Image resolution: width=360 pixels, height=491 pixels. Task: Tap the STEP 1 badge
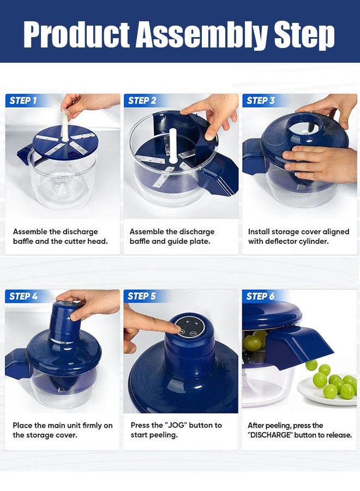tap(23, 100)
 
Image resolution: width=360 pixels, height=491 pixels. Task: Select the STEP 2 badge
tap(142, 100)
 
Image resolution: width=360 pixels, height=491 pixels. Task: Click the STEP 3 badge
tap(261, 100)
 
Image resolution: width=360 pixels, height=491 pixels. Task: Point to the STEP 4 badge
tap(23, 296)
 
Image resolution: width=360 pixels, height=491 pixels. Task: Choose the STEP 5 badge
tap(142, 296)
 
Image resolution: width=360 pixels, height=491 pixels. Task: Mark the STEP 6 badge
tap(261, 296)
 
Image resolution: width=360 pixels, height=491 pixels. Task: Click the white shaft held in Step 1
tap(65, 125)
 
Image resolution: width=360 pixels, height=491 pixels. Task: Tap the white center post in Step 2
tap(172, 146)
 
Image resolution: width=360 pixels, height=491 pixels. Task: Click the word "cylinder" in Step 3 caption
tap(312, 241)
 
